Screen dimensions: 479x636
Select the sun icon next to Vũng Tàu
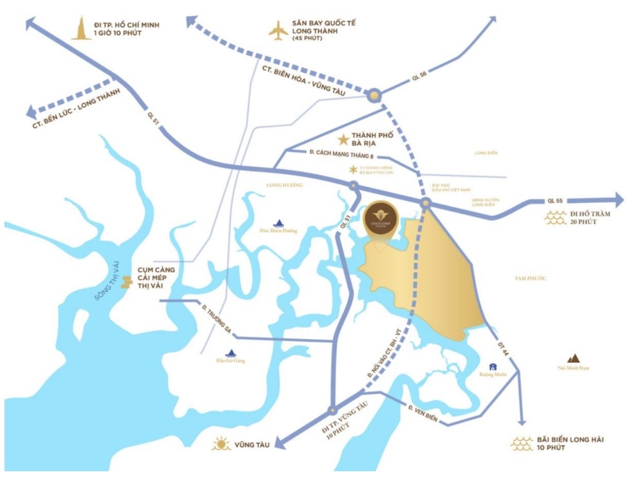click(221, 444)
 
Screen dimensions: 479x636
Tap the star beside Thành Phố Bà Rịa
click(343, 139)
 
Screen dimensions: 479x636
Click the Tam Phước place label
click(530, 278)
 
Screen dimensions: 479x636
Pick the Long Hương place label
click(283, 185)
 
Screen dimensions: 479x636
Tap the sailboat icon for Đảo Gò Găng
click(232, 352)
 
